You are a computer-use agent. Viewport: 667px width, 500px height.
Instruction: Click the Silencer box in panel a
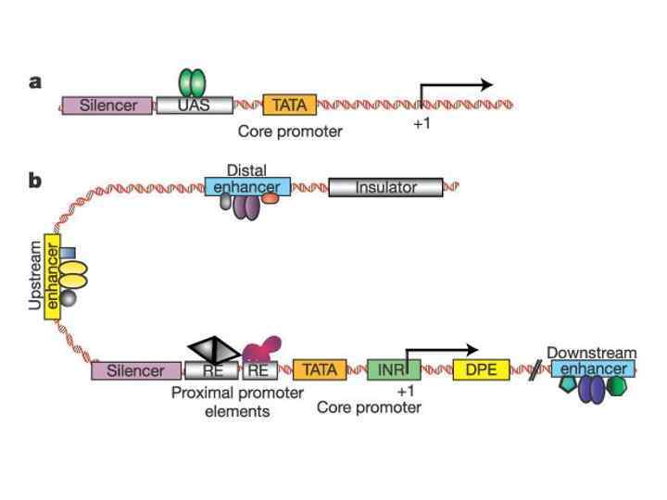[108, 105]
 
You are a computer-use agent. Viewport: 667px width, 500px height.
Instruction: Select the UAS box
[195, 105]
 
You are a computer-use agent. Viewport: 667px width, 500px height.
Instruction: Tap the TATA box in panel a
[290, 105]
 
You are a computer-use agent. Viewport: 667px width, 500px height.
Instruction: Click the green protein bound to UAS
[192, 81]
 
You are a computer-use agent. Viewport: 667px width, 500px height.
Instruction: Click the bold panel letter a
[36, 81]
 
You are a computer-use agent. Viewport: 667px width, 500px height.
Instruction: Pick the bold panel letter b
[36, 179]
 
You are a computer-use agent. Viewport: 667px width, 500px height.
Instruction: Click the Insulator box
[385, 187]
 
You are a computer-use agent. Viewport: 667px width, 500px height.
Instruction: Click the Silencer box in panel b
[135, 370]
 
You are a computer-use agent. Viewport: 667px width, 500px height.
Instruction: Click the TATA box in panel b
[320, 370]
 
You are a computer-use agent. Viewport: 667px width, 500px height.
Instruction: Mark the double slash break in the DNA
[535, 372]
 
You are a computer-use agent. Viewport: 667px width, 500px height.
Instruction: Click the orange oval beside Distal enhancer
[270, 199]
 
